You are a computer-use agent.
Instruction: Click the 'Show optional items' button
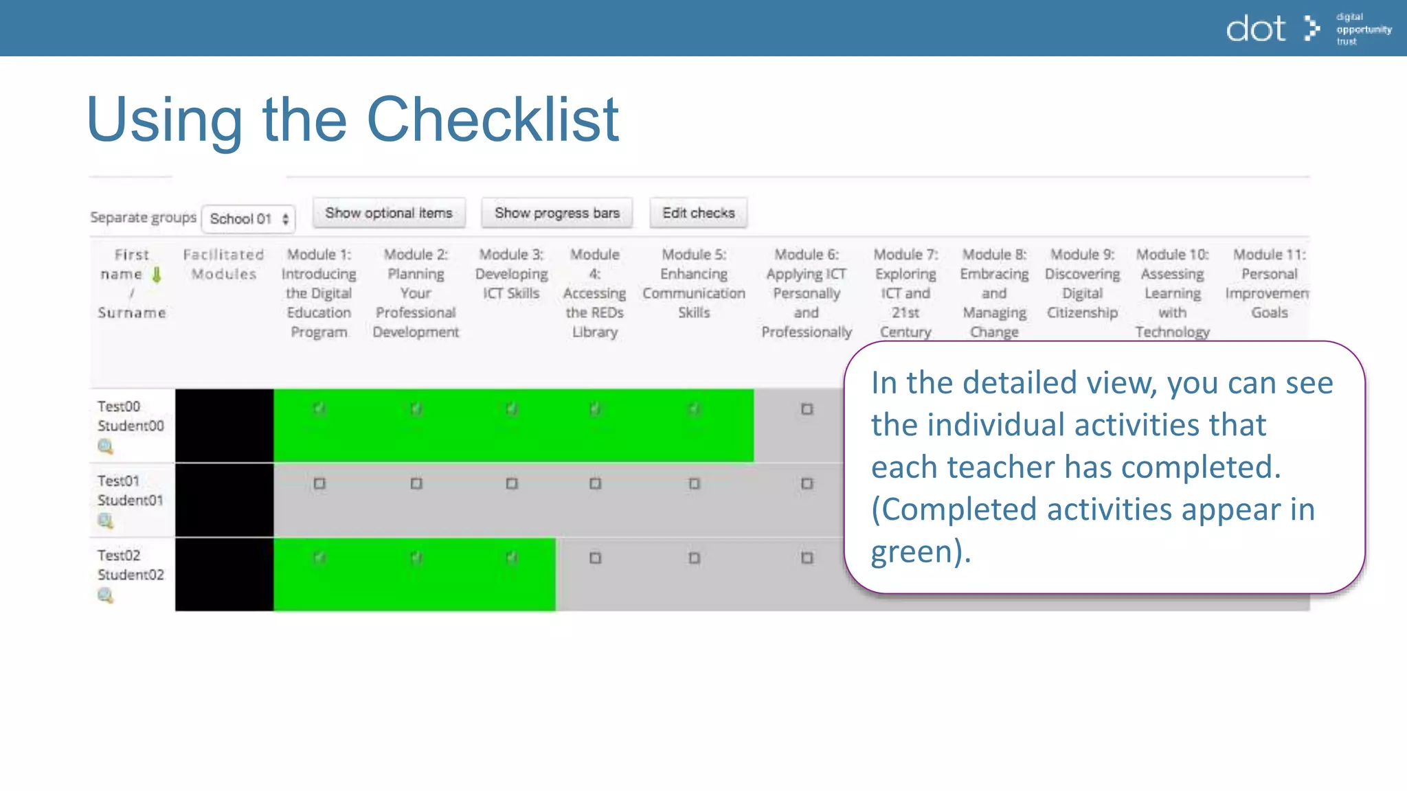[389, 214]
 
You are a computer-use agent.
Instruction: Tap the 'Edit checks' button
[698, 214]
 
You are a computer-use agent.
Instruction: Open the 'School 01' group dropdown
[249, 219]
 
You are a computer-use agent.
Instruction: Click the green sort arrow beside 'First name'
[157, 275]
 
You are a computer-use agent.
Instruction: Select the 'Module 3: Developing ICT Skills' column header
[511, 274]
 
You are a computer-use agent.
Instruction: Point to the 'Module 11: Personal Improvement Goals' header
[1269, 284]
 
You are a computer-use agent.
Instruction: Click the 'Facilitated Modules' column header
[224, 264]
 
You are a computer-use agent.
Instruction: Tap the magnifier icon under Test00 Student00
[105, 447]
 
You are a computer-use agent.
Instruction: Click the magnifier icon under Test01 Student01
[105, 521]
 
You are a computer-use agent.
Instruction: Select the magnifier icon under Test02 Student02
[105, 595]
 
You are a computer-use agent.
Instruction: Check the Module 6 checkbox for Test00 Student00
[807, 409]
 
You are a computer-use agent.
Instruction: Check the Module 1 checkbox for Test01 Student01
[319, 483]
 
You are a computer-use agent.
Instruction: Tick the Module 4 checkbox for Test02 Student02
[595, 558]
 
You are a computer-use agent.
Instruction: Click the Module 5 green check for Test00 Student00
[694, 409]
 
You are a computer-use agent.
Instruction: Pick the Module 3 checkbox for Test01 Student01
[512, 483]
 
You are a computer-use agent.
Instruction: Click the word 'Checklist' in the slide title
[493, 119]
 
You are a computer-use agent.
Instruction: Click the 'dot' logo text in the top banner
[1255, 29]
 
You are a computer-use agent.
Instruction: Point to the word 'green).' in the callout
[921, 552]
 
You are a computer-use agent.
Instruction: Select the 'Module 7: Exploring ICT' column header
[905, 293]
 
